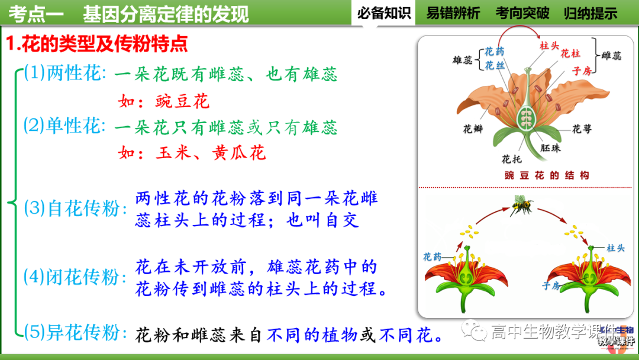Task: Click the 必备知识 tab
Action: pos(384,13)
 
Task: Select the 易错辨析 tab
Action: pos(453,13)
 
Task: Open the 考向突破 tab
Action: pos(522,13)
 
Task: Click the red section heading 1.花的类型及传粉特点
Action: pos(97,43)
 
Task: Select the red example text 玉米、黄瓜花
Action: pos(211,153)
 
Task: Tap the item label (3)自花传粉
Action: pos(76,208)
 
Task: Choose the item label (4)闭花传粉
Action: pos(76,277)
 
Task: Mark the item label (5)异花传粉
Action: pos(76,333)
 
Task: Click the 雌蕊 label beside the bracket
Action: pos(611,56)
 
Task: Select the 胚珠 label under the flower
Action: pos(550,148)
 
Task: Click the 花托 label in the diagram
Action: pos(511,159)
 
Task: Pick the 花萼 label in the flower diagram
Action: pos(582,128)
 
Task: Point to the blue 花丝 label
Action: pos(495,66)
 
